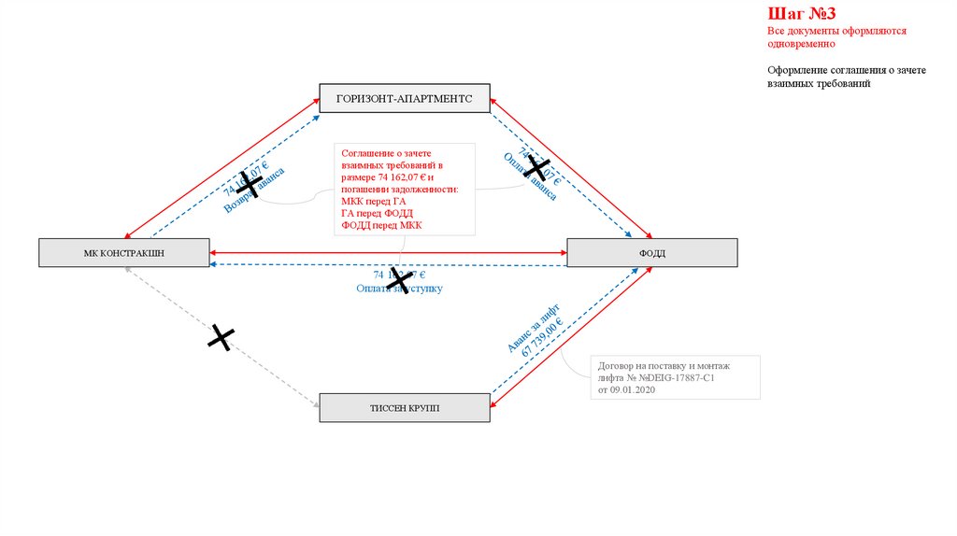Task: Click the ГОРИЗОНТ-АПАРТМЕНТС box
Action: (x=405, y=98)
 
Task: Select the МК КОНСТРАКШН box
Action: (x=124, y=252)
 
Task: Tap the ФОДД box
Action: (x=651, y=253)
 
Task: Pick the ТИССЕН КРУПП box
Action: (x=405, y=408)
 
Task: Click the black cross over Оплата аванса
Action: (x=536, y=167)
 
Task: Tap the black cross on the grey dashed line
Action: (x=220, y=337)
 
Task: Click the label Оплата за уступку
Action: (x=399, y=289)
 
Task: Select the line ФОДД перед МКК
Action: (x=382, y=225)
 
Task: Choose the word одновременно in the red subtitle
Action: (x=803, y=44)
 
